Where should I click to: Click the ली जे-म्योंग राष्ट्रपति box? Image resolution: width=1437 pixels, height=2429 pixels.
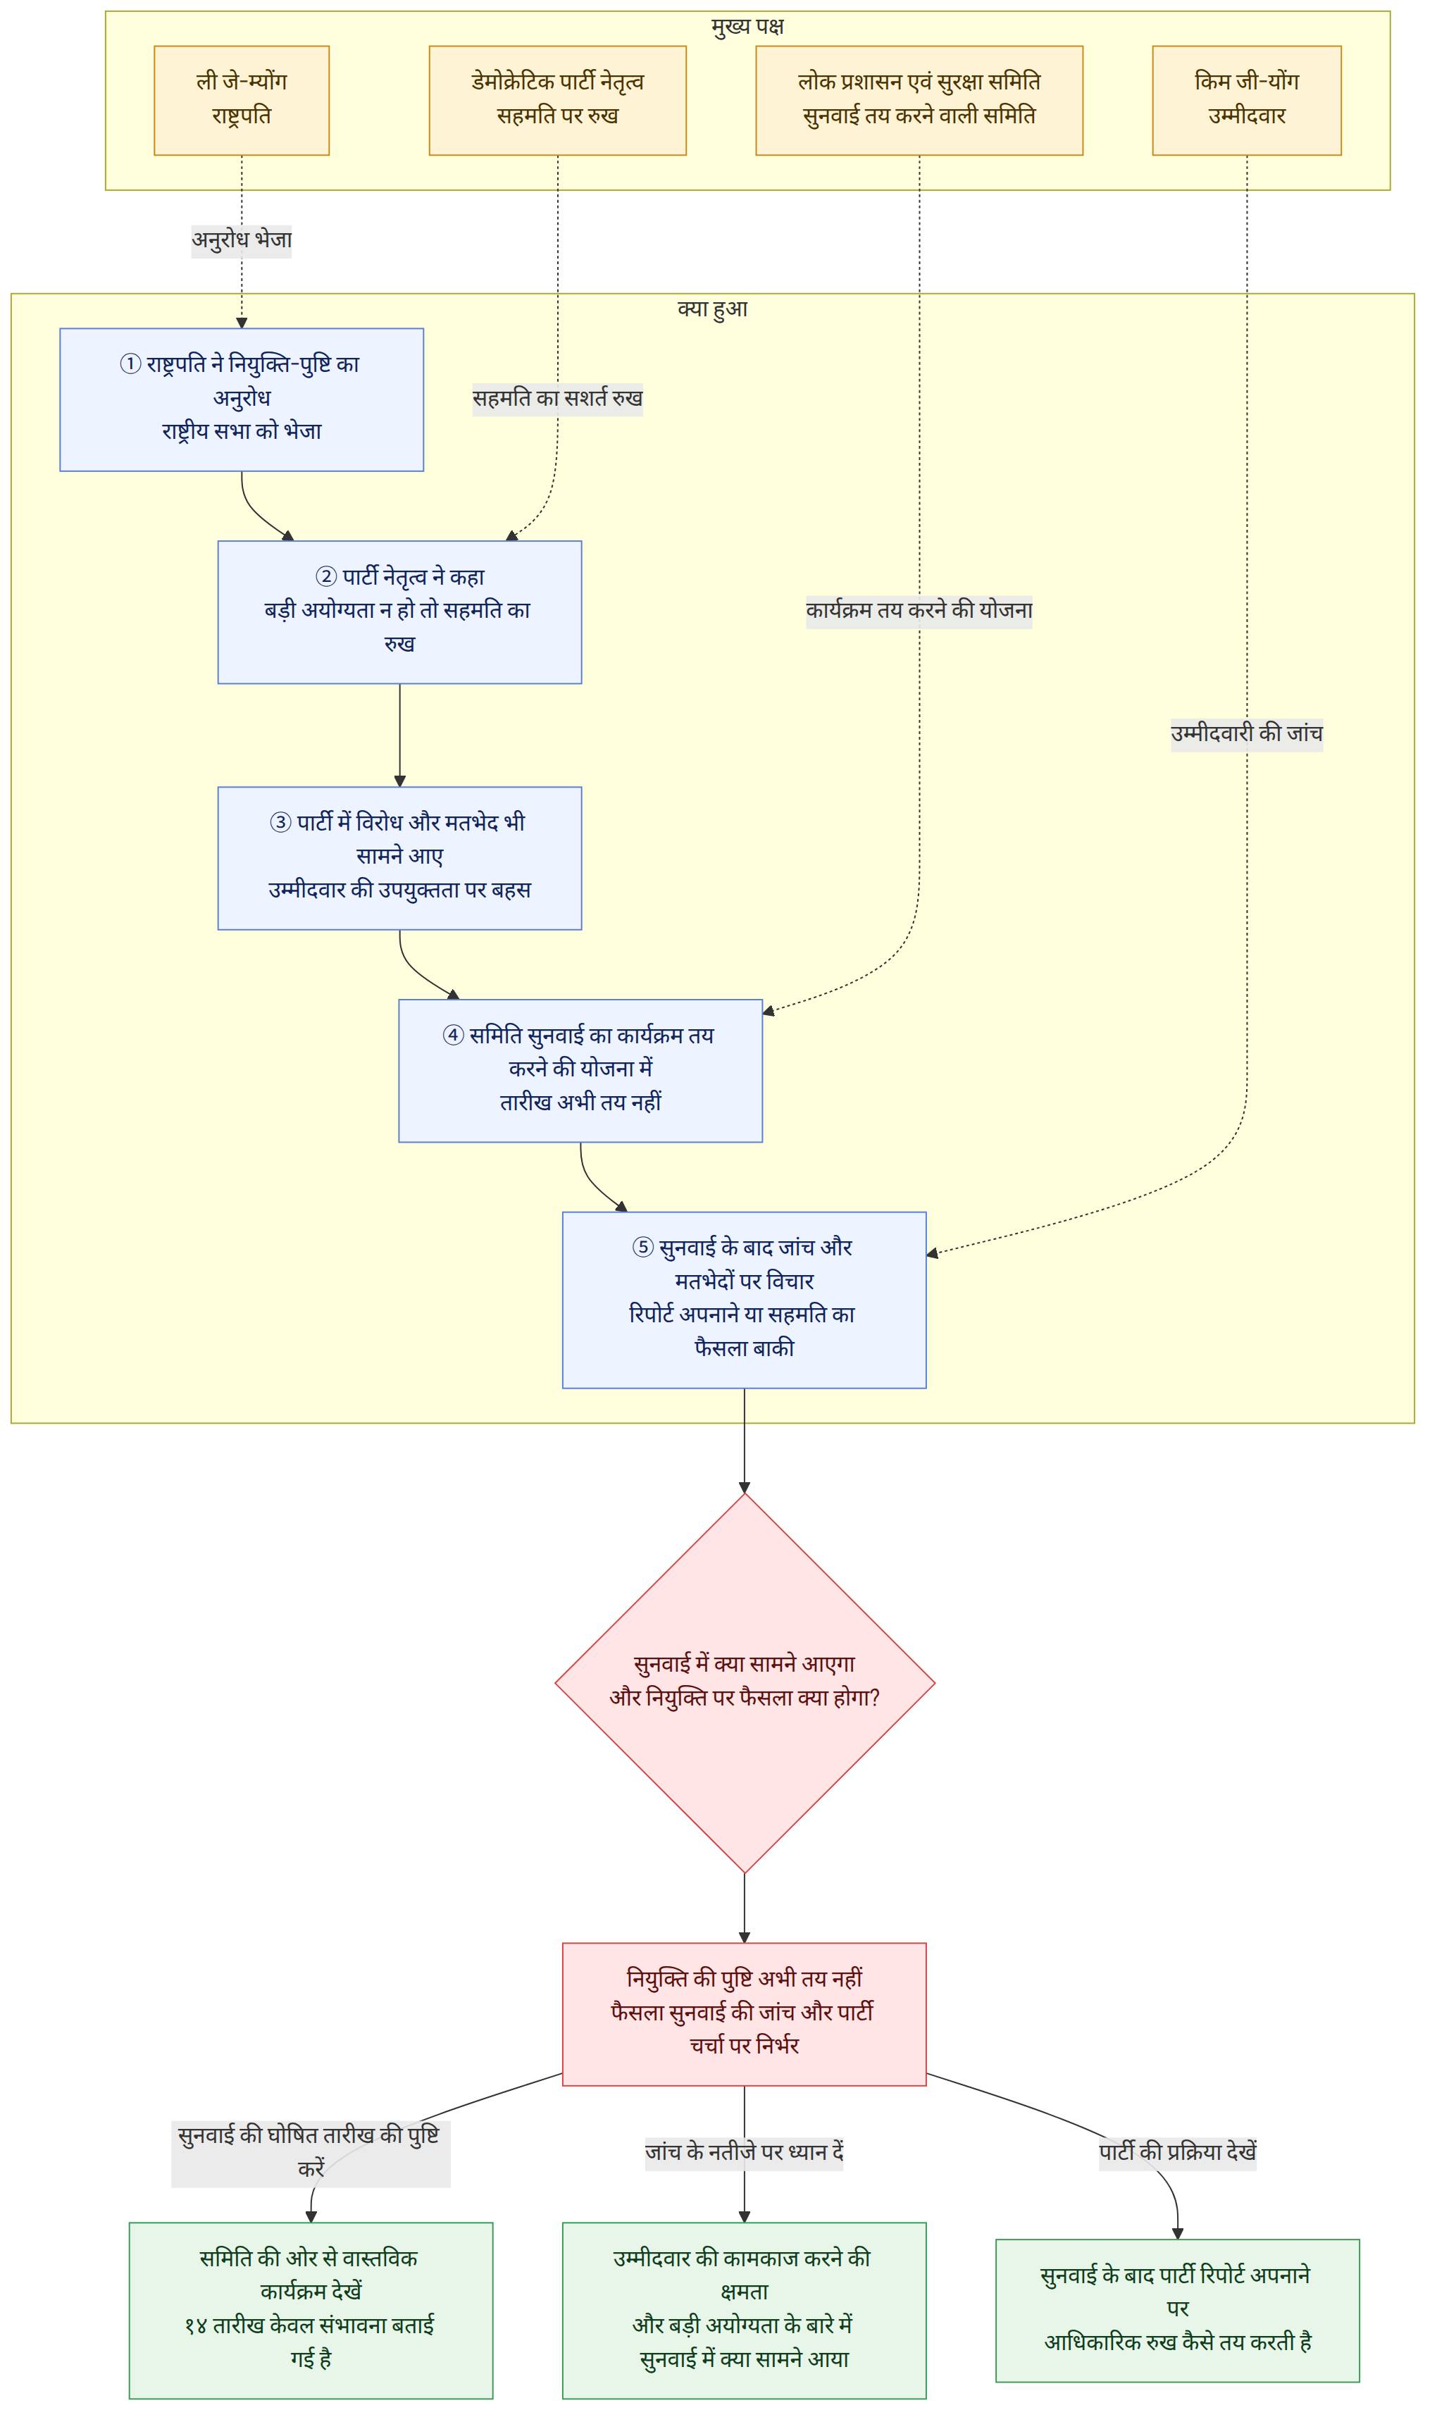(242, 101)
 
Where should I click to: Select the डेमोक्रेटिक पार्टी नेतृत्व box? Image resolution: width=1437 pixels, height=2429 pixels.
(559, 101)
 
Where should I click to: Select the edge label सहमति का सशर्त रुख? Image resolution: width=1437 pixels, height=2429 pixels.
(559, 399)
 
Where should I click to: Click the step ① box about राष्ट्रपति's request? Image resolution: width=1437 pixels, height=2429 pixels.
(242, 401)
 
